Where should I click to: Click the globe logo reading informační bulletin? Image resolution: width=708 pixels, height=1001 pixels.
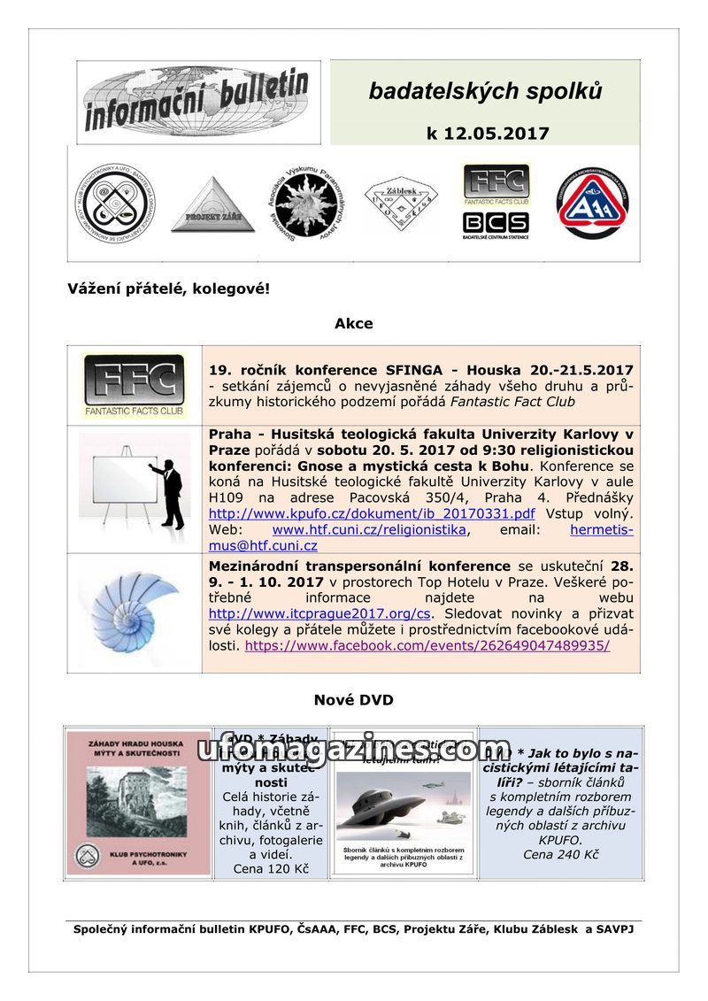point(198,103)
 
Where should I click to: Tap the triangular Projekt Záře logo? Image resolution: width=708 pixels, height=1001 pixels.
point(212,205)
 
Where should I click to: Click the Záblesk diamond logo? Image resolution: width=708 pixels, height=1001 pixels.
point(401,204)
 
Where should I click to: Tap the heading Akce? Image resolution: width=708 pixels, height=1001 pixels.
point(353,324)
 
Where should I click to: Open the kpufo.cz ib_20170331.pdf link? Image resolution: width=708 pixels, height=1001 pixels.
point(372,513)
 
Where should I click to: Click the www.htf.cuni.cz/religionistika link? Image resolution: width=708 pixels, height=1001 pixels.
point(369,529)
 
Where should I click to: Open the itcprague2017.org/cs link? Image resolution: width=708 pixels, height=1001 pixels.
point(319,613)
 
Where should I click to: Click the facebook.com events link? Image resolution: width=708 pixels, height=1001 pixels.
point(427,646)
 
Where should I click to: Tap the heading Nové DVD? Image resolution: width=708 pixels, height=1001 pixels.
point(353,700)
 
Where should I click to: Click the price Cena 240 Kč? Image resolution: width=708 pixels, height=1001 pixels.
point(560,855)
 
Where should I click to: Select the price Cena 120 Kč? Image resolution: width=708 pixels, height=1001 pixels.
point(271,869)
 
